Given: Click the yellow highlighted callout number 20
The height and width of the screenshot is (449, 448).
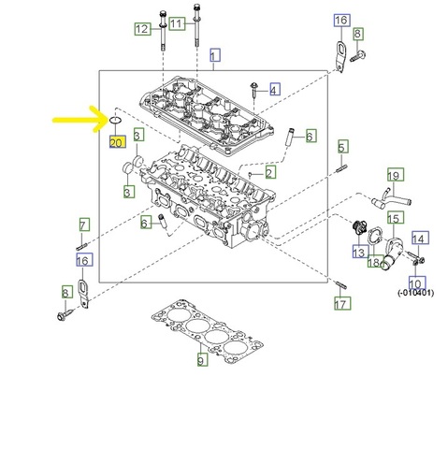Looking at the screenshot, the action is (x=118, y=142).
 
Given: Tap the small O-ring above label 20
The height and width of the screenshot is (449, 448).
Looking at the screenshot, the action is (x=116, y=120).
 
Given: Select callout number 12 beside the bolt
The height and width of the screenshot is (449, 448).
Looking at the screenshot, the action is (x=143, y=29).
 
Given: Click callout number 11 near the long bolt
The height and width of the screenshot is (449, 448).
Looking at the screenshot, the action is (x=177, y=23).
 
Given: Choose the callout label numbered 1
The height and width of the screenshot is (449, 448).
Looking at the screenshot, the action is (x=215, y=55).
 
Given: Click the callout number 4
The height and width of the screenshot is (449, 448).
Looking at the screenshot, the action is (x=274, y=90).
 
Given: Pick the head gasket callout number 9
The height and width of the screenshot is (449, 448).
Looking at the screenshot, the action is (x=202, y=359).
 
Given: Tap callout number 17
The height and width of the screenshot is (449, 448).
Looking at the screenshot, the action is (x=342, y=303).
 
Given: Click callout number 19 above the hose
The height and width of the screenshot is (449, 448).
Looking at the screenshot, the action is (x=396, y=175).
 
